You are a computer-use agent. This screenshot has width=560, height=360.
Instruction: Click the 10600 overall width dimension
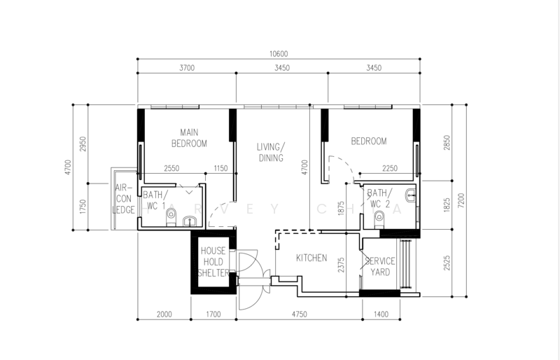pos(279,54)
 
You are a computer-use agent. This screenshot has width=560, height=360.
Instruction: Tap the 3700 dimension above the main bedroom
pos(187,68)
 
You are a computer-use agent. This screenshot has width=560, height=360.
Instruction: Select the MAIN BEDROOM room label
pos(189,138)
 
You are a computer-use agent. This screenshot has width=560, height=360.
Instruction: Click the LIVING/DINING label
pos(271,152)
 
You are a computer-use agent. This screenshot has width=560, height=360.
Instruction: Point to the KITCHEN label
pos(311,258)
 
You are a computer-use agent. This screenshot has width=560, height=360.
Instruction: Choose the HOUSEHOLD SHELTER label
pos(213,262)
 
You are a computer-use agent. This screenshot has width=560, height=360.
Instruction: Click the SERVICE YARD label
pos(380,266)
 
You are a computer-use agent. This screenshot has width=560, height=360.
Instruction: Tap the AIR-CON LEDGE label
pos(124,199)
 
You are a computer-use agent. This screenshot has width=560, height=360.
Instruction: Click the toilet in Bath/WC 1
pos(171,217)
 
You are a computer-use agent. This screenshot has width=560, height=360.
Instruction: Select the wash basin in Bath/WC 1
pos(190,221)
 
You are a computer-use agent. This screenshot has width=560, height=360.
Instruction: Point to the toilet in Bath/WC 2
pos(379,219)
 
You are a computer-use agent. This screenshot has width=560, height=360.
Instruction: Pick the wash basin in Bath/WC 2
pos(411,195)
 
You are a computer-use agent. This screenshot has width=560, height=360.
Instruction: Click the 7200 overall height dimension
pos(461,200)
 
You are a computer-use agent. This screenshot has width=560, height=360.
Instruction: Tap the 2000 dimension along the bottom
pos(164,314)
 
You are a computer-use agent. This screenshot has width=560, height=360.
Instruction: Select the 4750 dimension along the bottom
pos(300,314)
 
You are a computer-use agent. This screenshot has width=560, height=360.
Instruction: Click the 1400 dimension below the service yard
pos(381,314)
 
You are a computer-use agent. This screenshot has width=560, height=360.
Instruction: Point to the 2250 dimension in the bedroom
pos(390,168)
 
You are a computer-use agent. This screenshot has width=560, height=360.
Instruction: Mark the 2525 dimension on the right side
pos(447,263)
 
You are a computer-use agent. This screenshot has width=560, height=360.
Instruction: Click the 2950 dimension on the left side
pos(83,144)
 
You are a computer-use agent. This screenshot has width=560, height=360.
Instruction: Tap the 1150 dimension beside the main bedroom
pos(220,168)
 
